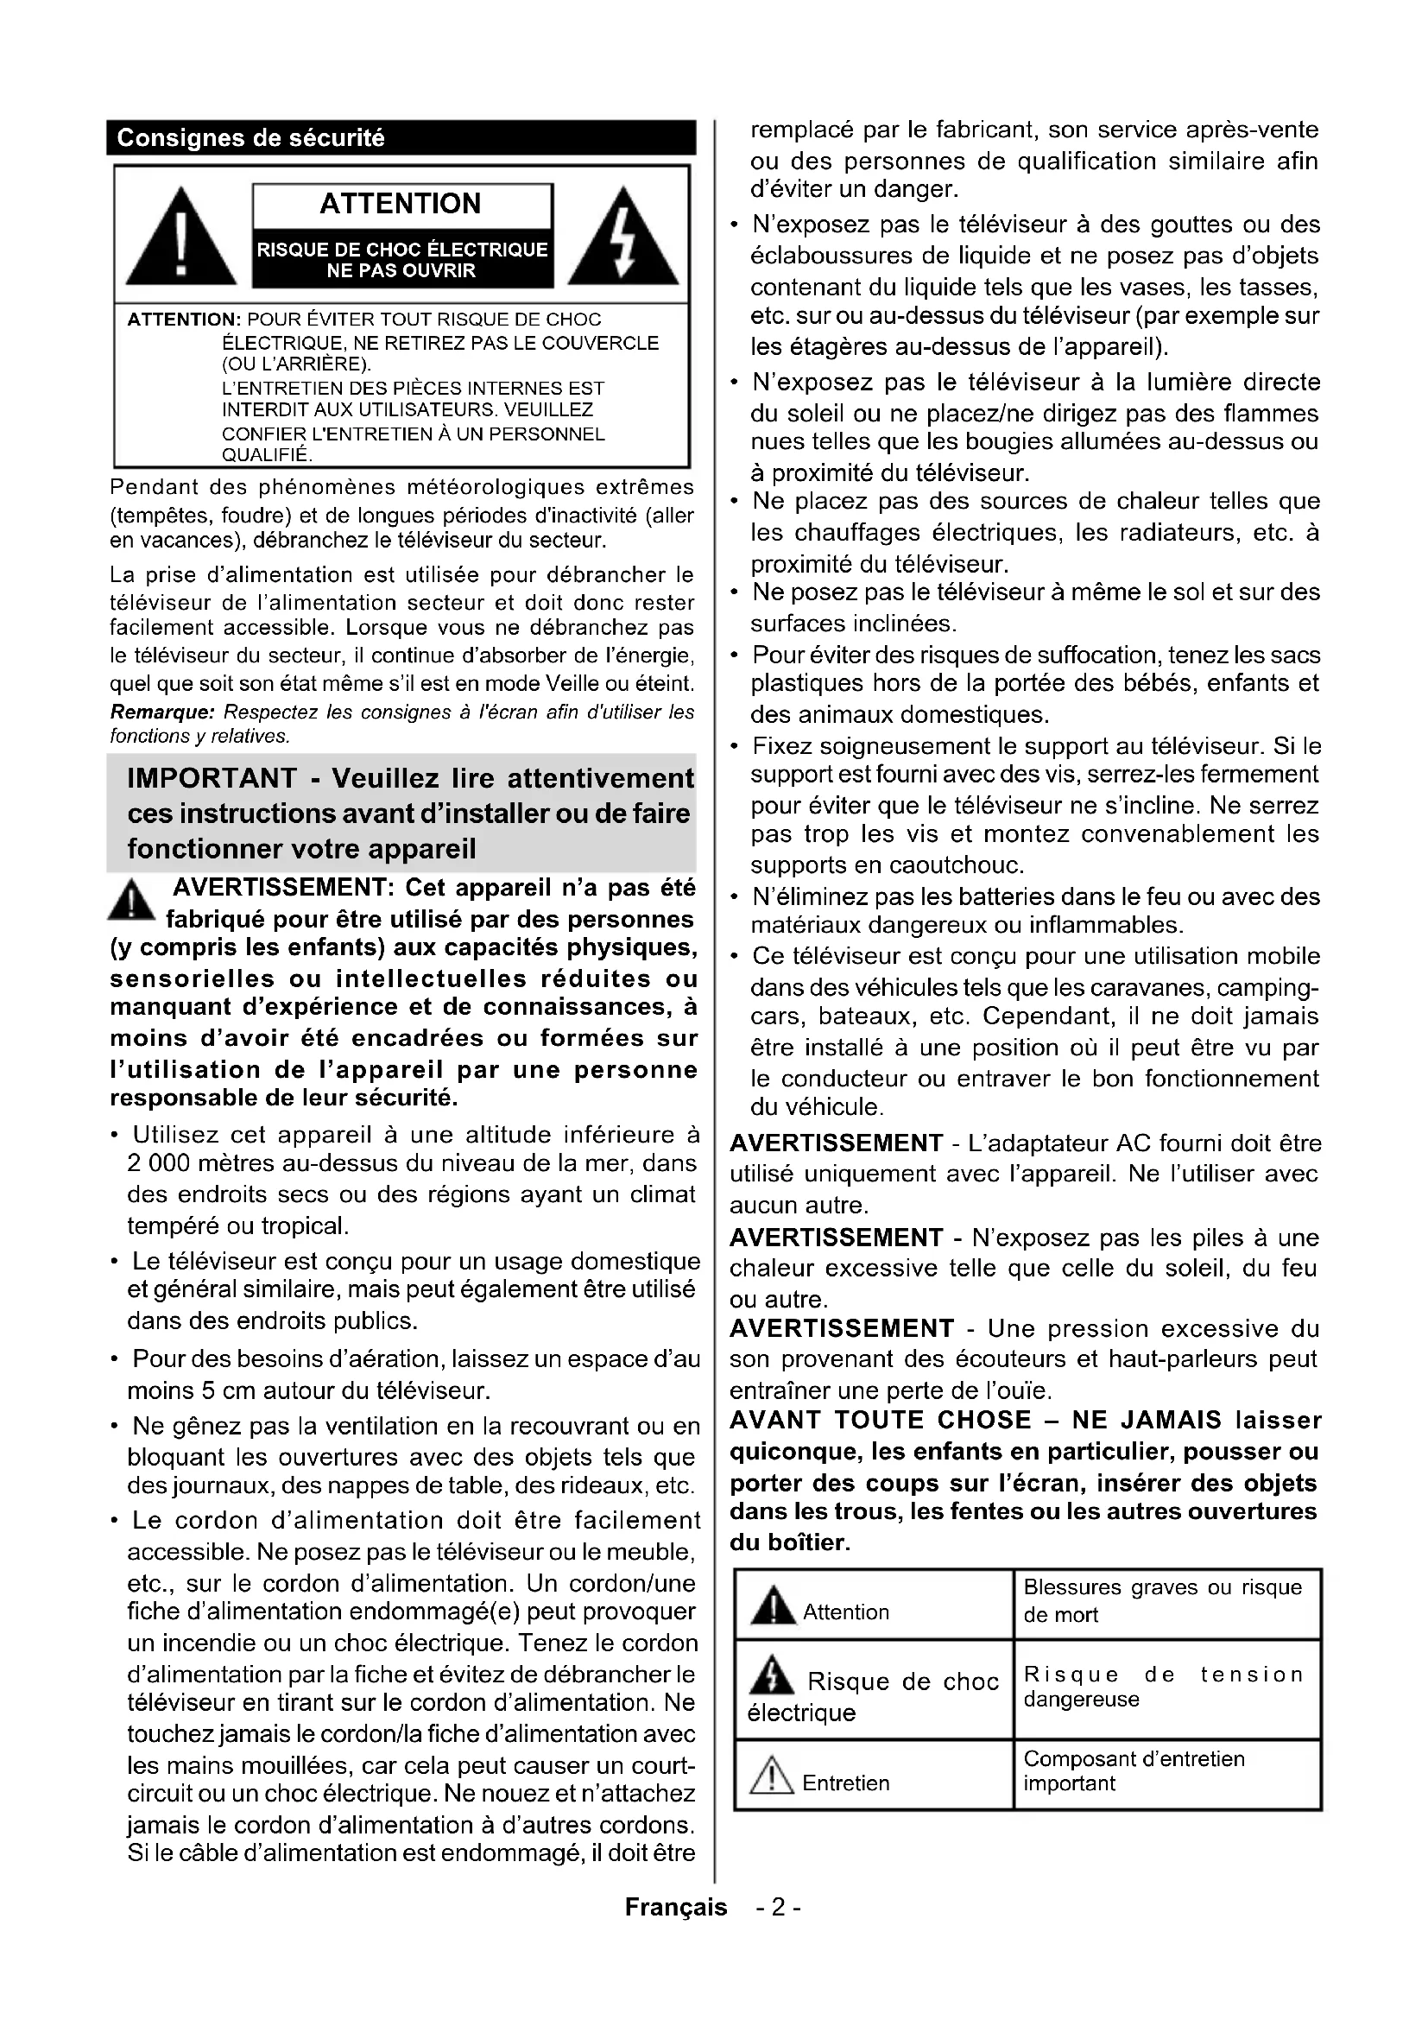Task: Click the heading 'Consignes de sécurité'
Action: (250, 138)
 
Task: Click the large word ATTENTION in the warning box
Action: (401, 203)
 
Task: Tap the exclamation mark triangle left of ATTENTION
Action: (180, 237)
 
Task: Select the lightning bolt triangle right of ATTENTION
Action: (623, 237)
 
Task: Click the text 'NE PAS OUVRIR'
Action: (401, 271)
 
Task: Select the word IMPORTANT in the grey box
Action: (212, 779)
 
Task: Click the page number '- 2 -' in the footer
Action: (777, 1907)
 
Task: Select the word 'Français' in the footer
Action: (676, 1907)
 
